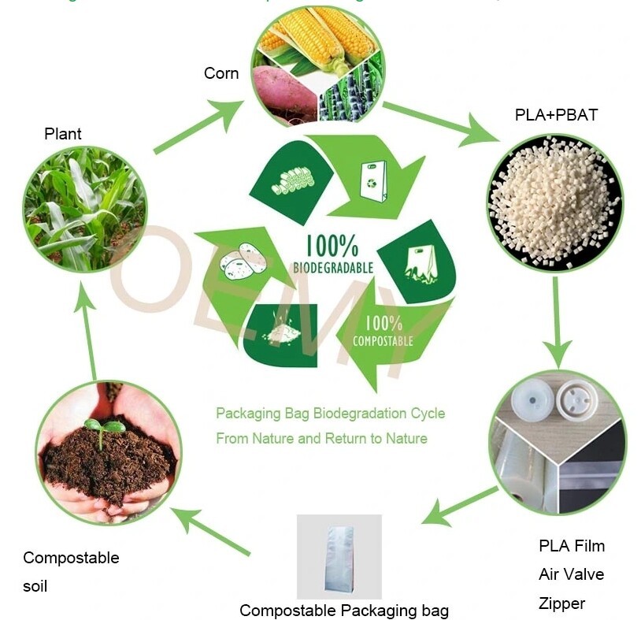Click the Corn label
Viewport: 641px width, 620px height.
[221, 73]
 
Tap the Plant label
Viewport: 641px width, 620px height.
[63, 133]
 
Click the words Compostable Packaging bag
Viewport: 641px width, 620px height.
[344, 610]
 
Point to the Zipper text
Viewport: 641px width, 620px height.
[561, 603]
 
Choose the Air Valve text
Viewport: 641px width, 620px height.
[571, 574]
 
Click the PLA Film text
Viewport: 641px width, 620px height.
[572, 545]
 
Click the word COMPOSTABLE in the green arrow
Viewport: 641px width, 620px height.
[383, 341]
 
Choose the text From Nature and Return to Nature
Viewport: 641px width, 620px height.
[321, 438]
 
